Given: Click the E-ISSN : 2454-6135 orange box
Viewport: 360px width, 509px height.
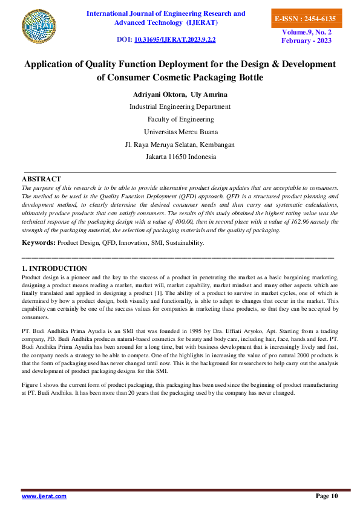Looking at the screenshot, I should tap(305, 19).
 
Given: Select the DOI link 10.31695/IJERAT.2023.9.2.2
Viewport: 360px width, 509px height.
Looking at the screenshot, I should tap(175, 40).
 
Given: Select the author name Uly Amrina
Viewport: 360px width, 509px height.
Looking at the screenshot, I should tap(209, 94).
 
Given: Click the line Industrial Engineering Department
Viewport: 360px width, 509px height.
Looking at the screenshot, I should tap(180, 106).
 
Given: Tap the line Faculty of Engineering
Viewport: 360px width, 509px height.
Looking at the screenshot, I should tap(180, 119).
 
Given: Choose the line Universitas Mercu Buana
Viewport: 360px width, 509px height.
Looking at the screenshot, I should tap(180, 132).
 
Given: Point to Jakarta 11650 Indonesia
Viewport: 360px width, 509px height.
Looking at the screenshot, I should tap(180, 157).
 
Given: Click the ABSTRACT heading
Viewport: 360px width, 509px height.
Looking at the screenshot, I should tap(41, 179).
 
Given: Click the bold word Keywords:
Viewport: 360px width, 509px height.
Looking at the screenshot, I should tap(38, 242).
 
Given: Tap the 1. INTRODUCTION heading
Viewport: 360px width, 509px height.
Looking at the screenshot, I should tap(54, 268).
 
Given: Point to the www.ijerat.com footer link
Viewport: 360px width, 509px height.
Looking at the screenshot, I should tap(44, 496).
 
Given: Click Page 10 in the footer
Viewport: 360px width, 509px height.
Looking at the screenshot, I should tap(327, 496).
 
